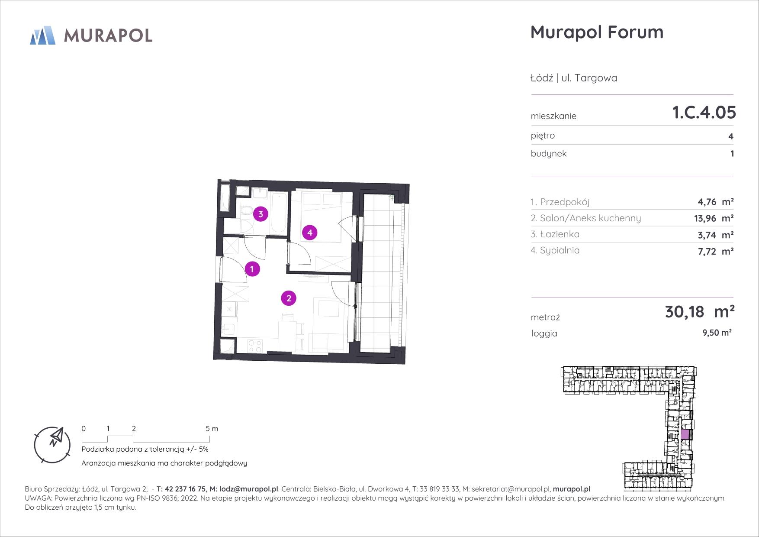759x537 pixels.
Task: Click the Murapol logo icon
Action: click(x=43, y=35)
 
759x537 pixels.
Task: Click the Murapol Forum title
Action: click(x=597, y=32)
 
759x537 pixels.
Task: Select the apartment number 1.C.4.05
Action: click(x=704, y=113)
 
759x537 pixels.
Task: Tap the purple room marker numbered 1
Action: click(x=252, y=269)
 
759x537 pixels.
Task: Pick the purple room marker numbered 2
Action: click(x=289, y=298)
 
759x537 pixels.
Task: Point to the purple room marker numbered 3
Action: click(x=260, y=214)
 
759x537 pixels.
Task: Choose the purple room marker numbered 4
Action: click(x=310, y=233)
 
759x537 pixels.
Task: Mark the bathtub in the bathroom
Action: click(x=278, y=212)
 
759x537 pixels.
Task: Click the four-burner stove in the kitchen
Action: click(x=254, y=346)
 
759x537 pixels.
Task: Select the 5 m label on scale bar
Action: click(x=212, y=429)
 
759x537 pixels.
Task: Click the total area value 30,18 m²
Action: click(x=700, y=311)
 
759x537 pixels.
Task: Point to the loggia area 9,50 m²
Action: click(x=717, y=333)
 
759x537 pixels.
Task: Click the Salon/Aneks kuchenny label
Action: click(x=586, y=218)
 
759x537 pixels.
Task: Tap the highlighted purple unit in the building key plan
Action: click(x=685, y=434)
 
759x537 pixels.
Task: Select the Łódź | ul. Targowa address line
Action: click(x=574, y=78)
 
